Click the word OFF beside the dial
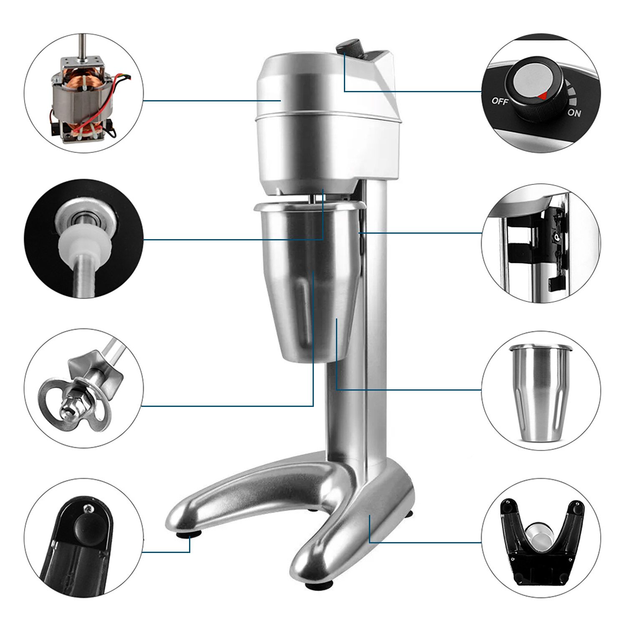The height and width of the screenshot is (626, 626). tap(500, 101)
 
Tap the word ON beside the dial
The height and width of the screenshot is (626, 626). tap(574, 113)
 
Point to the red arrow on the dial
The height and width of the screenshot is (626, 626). tap(542, 96)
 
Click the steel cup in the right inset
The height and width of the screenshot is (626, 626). tap(541, 395)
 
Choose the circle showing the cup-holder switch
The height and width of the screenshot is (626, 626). tap(541, 243)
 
